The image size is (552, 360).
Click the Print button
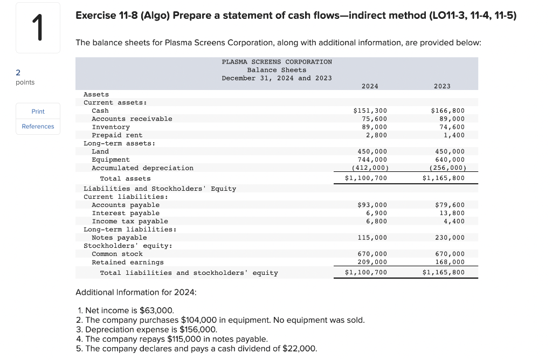click(38, 112)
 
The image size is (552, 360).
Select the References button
click(38, 127)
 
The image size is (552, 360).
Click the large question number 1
click(38, 28)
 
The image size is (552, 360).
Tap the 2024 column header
click(370, 86)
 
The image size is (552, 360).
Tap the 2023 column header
click(442, 86)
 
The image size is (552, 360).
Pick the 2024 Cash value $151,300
click(370, 111)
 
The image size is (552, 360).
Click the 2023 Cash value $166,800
click(447, 111)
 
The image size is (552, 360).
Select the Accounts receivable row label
click(132, 119)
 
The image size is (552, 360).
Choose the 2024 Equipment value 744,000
click(372, 160)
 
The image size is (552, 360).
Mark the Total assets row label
click(125, 178)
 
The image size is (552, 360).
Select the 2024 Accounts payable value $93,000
click(372, 205)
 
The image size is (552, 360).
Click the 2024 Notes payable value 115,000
click(372, 238)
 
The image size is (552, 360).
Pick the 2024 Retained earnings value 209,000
click(372, 262)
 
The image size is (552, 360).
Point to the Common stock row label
click(117, 254)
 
